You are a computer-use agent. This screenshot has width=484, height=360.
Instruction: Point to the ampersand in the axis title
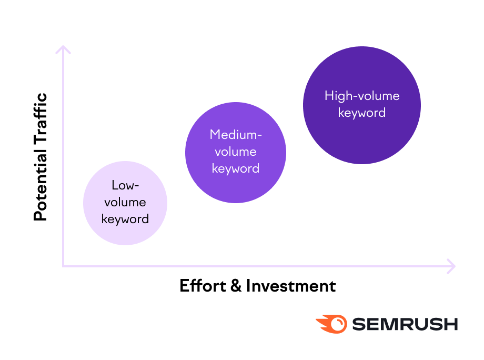(x=236, y=286)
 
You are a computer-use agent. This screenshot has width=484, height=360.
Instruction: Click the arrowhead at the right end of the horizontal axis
(x=451, y=266)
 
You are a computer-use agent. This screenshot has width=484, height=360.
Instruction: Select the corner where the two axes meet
(x=63, y=266)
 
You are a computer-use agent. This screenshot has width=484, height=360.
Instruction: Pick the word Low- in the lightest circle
(x=125, y=185)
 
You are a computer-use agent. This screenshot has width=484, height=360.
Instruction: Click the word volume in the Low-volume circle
(x=125, y=202)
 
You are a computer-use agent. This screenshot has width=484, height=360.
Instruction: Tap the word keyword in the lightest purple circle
(x=125, y=219)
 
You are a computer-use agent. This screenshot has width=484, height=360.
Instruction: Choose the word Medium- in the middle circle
(x=236, y=135)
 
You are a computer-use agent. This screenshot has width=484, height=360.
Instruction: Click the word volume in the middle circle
(x=236, y=152)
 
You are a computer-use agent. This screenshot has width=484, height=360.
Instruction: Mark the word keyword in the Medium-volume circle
(x=236, y=168)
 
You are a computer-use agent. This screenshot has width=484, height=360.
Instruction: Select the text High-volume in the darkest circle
(x=362, y=96)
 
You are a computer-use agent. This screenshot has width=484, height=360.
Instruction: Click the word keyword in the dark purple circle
(x=362, y=113)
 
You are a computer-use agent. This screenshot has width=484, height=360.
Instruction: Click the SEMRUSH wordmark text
(x=405, y=324)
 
